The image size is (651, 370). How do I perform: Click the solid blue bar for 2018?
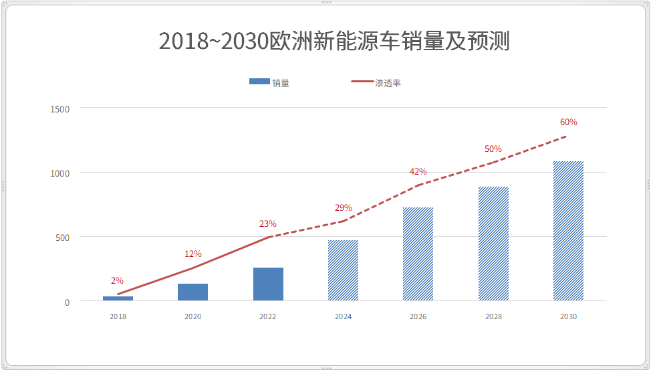click(118, 298)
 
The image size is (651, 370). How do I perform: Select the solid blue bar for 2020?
click(192, 292)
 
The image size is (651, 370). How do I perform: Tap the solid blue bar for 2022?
click(268, 284)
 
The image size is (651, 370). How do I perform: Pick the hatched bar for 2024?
click(343, 270)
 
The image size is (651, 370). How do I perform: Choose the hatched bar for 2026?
click(418, 254)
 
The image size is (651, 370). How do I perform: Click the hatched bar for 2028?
click(493, 244)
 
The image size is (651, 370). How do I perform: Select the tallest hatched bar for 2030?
click(568, 231)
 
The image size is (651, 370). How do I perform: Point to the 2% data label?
click(117, 280)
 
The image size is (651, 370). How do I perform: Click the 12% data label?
click(192, 254)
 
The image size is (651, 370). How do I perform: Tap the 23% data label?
click(267, 223)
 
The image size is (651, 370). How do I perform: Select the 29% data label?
click(343, 207)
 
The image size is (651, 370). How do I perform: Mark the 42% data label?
click(418, 171)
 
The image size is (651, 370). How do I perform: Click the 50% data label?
click(493, 149)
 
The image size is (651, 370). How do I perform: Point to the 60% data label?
click(568, 122)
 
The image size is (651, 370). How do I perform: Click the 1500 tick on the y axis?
click(59, 109)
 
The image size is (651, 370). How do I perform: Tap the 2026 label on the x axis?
click(418, 316)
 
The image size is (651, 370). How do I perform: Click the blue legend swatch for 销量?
click(259, 82)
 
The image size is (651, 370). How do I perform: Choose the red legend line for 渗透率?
click(362, 82)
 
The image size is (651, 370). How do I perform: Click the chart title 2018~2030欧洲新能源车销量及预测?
click(334, 41)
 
